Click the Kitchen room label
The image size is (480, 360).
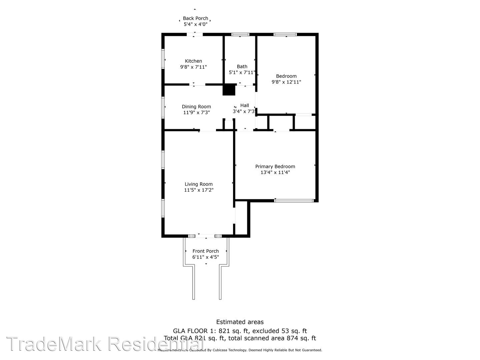click(193, 61)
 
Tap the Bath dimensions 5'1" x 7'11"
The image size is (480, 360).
click(242, 72)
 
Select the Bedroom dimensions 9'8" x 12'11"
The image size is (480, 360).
click(286, 82)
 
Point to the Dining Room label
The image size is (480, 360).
click(196, 107)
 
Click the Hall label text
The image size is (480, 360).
click(245, 105)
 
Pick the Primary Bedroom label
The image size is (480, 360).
click(275, 166)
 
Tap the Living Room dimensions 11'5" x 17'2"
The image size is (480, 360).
click(199, 190)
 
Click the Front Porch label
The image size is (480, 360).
click(206, 251)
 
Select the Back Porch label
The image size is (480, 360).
click(195, 18)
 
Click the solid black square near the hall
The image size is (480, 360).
click(229, 90)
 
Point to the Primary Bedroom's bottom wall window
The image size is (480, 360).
click(294, 201)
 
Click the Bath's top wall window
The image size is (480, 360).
click(240, 34)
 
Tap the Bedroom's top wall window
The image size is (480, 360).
click(285, 34)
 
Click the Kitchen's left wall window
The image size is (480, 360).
click(163, 59)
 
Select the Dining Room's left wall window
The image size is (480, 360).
click(163, 107)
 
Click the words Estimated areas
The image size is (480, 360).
click(240, 322)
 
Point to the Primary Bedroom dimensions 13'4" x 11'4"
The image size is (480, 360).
click(275, 172)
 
